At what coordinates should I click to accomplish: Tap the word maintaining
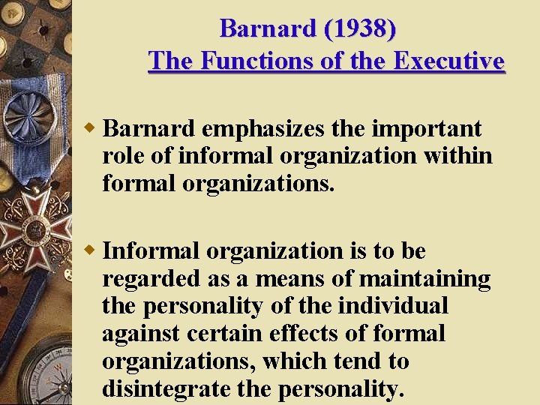tap(425, 279)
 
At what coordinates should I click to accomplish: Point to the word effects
tap(301, 334)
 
